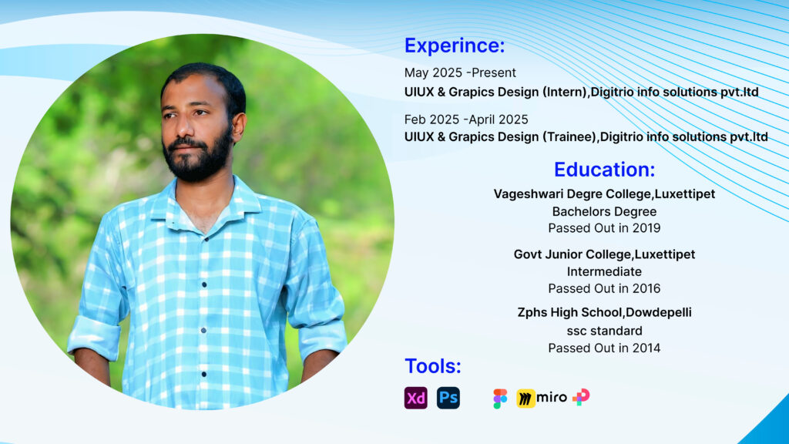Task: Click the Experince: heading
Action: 455,45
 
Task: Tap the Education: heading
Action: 604,170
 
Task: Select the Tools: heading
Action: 433,366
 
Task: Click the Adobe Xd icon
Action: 415,398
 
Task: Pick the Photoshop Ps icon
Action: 448,398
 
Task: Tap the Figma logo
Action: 500,399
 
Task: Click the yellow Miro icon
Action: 525,399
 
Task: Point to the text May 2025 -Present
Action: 460,73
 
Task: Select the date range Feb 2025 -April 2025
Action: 466,119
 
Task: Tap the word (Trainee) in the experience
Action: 569,137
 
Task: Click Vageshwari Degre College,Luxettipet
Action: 604,194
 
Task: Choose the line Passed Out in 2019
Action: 604,228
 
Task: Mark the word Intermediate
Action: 604,272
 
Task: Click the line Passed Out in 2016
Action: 604,288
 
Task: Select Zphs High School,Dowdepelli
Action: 604,313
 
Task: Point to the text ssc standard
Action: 604,331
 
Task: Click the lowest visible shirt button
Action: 203,374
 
